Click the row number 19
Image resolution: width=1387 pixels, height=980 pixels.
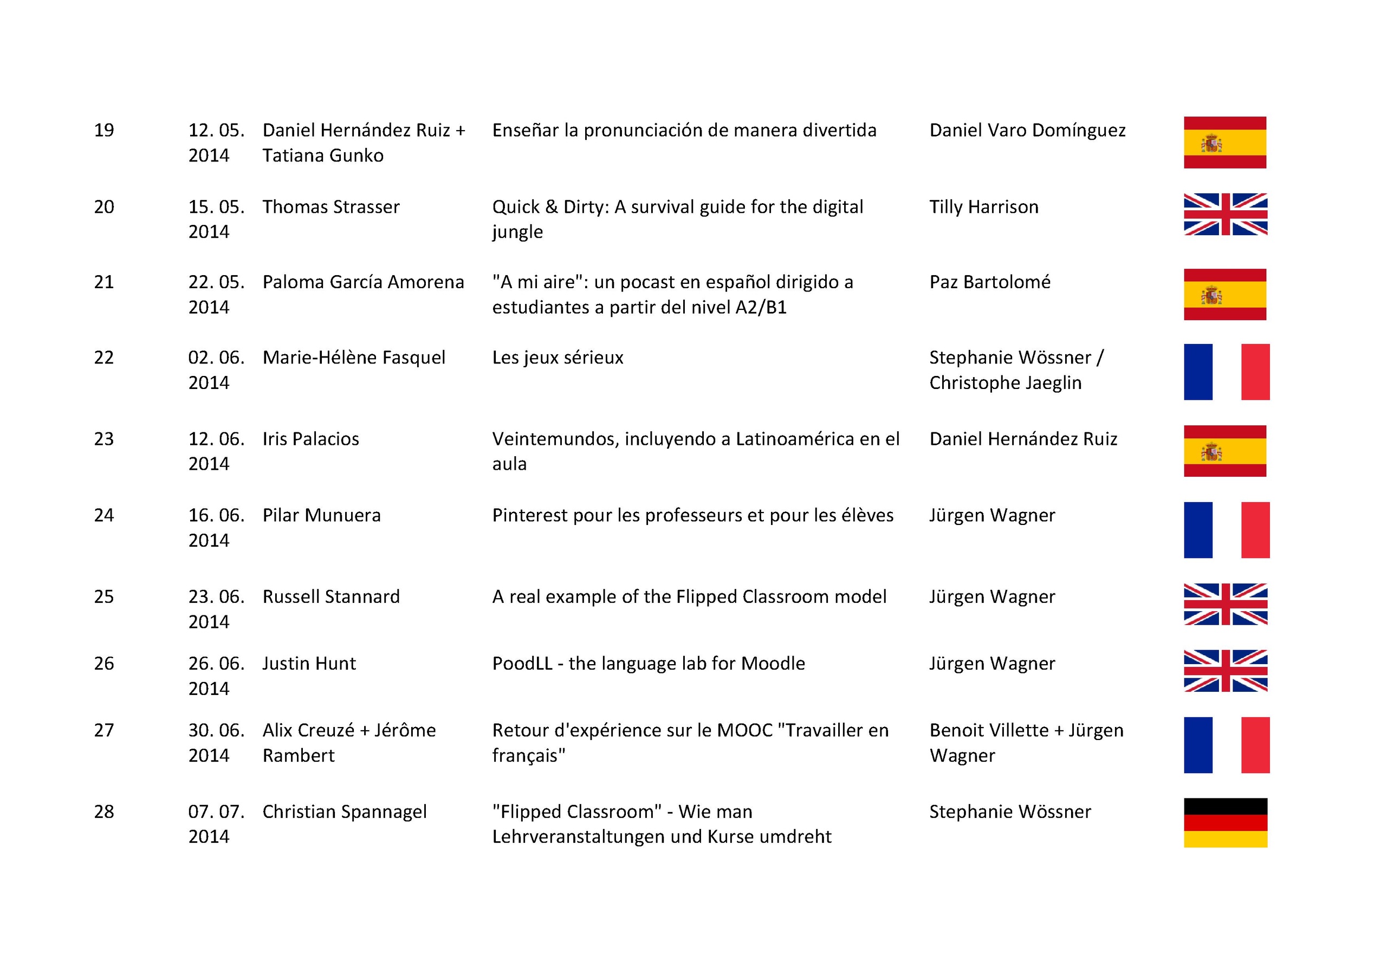click(104, 131)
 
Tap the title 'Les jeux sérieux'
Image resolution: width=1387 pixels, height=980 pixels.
click(557, 358)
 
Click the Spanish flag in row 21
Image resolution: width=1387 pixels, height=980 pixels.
click(1224, 294)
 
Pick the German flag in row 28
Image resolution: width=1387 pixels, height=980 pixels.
click(1225, 822)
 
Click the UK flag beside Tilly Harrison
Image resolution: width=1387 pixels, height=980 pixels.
click(1225, 214)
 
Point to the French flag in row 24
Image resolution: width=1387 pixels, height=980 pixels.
click(1226, 530)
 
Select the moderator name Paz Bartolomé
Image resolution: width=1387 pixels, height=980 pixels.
click(989, 282)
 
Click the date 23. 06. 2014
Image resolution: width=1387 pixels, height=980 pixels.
click(216, 609)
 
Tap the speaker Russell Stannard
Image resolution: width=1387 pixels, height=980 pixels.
click(330, 597)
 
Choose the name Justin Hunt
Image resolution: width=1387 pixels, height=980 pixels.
click(309, 664)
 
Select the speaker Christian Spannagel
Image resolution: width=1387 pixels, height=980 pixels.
click(345, 812)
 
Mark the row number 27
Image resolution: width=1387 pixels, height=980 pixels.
click(104, 730)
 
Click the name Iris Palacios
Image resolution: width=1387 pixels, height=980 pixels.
click(310, 439)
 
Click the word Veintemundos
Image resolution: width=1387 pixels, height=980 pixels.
click(556, 439)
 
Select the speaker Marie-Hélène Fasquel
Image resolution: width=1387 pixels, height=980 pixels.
click(353, 358)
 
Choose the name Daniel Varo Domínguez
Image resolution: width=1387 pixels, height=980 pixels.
click(1027, 131)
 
